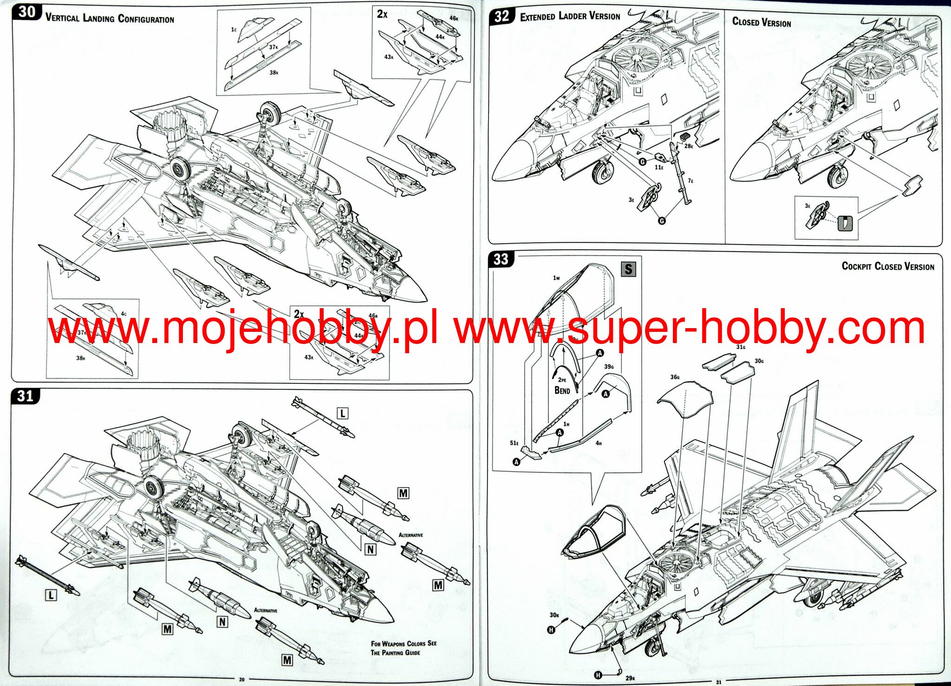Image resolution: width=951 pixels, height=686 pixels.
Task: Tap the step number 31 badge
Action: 26,396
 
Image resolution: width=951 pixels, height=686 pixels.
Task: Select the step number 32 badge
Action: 502,17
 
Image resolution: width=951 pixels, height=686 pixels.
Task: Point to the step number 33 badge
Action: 501,259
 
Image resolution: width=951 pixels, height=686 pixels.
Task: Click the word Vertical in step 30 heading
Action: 62,18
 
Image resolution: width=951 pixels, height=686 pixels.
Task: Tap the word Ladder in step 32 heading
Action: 572,16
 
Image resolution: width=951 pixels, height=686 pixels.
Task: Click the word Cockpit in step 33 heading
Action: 856,266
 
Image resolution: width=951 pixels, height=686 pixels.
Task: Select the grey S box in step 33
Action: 628,269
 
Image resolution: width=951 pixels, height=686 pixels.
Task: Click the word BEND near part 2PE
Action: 562,390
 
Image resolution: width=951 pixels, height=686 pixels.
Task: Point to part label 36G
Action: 675,377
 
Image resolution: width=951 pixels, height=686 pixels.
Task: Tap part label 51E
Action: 514,443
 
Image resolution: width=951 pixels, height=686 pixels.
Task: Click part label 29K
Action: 630,678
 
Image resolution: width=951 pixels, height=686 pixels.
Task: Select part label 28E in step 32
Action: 688,146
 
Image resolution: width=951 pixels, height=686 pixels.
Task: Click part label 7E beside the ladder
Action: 690,181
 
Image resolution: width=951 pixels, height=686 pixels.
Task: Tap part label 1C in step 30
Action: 234,29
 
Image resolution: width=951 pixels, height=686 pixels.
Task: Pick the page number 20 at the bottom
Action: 241,680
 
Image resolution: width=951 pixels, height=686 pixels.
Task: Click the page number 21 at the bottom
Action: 718,682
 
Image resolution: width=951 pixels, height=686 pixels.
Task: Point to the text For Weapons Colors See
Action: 403,643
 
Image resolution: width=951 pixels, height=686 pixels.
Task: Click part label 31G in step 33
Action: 741,347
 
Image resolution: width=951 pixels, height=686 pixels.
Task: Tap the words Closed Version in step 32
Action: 762,22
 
